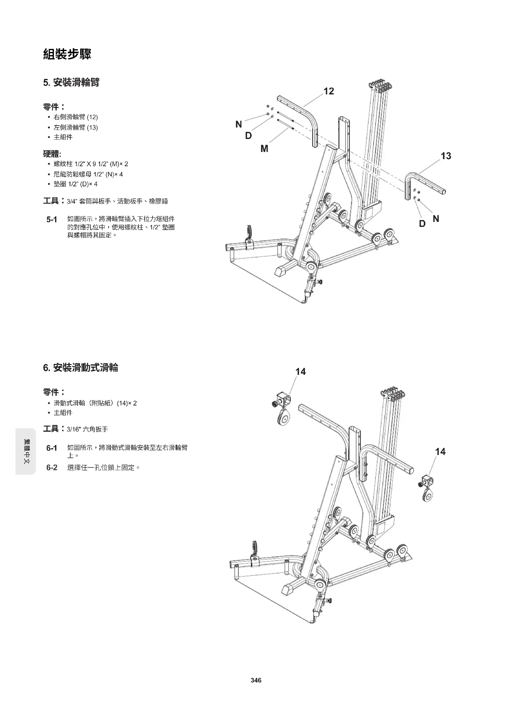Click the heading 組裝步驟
[67, 54]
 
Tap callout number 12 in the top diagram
[328, 91]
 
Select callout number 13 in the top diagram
[446, 156]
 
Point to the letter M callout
[264, 149]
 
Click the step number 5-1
[52, 219]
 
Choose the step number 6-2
[52, 468]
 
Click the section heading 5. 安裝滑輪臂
[71, 83]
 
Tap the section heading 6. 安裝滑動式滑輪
[81, 368]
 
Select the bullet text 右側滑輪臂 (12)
[76, 117]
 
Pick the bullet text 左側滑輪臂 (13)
[76, 128]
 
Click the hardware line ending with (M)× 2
[91, 164]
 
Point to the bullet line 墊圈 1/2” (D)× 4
[76, 184]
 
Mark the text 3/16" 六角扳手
[87, 429]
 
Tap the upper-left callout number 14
[301, 372]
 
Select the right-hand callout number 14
[440, 452]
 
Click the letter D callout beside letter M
[249, 136]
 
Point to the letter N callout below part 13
[436, 219]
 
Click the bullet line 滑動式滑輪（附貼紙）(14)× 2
[95, 403]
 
